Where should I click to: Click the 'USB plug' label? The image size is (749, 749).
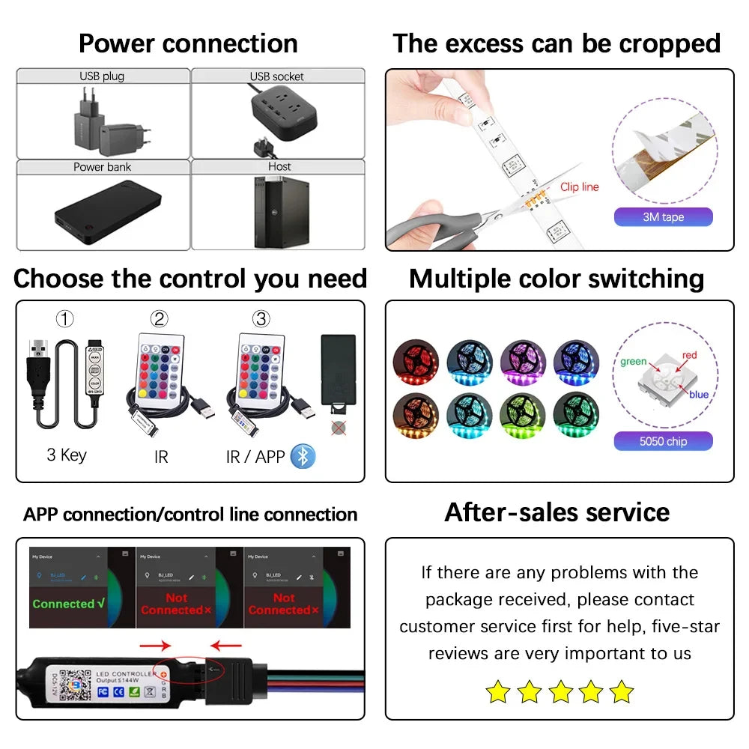pos(102,76)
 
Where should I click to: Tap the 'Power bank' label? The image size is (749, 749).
pos(102,167)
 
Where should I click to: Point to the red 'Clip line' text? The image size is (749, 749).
pos(579,187)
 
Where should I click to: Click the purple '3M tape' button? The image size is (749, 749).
pos(663,217)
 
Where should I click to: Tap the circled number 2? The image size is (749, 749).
pos(159,319)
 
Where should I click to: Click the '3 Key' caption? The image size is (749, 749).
pos(67,455)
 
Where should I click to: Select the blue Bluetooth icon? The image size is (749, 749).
pos(303,456)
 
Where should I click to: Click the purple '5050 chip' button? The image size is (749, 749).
pos(663,441)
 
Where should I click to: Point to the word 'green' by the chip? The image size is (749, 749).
pos(633,362)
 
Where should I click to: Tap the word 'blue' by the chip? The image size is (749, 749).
pos(699,395)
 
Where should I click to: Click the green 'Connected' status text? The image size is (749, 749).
pos(68,604)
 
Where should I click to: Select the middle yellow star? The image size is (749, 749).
pos(560,691)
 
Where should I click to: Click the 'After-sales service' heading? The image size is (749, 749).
pos(557,512)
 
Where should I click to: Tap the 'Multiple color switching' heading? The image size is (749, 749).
pos(557,279)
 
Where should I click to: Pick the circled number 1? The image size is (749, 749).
pos(65,319)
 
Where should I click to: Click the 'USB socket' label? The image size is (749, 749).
pos(276,76)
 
